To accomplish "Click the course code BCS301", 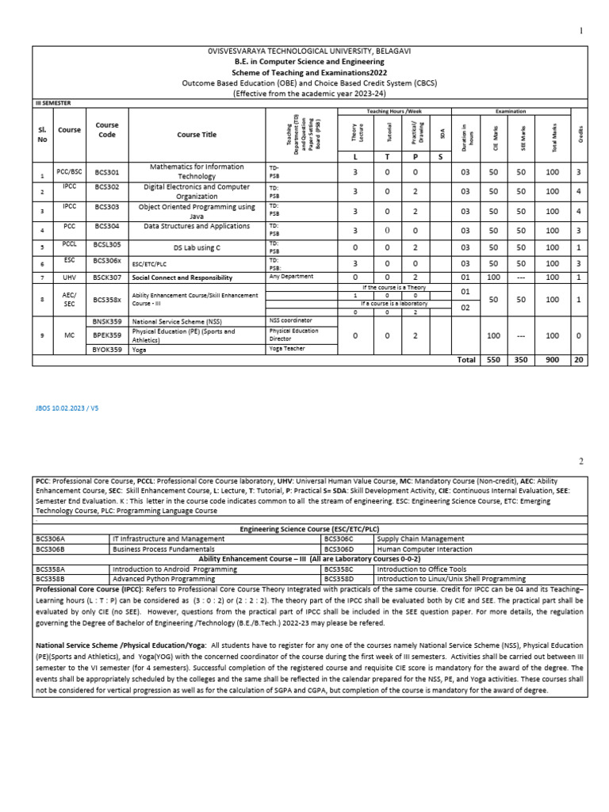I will point(106,171).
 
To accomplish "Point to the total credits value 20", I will point(579,359).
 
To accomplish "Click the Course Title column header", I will point(196,135).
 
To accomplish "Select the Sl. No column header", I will point(43,134).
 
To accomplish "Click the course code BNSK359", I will point(106,321).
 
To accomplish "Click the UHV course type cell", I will point(69,278).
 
